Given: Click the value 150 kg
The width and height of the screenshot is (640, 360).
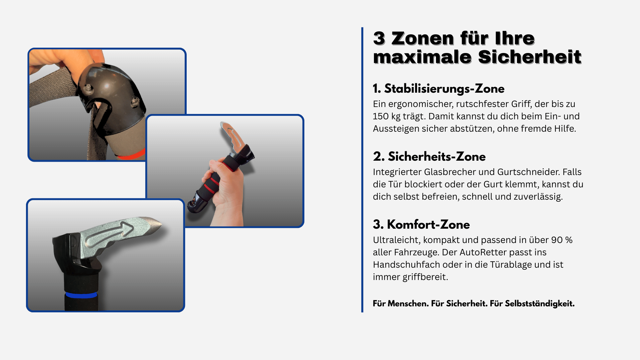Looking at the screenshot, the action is pyautogui.click(x=387, y=116).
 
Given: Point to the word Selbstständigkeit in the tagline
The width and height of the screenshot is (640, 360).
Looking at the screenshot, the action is pyautogui.click(x=540, y=304).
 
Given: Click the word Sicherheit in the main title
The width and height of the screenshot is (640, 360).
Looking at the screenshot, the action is pyautogui.click(x=530, y=57).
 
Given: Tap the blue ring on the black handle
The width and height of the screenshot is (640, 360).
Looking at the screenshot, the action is pyautogui.click(x=81, y=295).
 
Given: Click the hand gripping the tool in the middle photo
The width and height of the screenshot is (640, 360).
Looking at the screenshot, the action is pyautogui.click(x=227, y=190).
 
